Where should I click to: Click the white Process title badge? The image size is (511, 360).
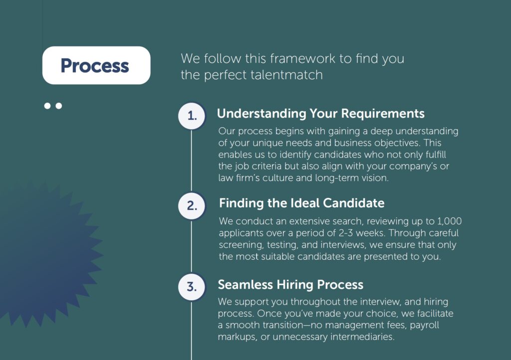click(96, 65)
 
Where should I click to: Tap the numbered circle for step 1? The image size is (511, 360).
click(192, 116)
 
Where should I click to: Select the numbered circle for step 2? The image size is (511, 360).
click(192, 206)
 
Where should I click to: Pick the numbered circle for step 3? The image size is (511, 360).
click(192, 287)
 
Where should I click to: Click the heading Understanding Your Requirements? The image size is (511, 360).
click(320, 114)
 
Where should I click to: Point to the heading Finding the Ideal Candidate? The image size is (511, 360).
click(301, 203)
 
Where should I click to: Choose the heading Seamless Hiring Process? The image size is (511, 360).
click(290, 285)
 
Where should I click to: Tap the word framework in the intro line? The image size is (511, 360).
click(303, 58)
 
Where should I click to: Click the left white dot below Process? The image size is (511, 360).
click(48, 106)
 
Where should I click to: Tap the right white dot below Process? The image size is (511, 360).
click(59, 106)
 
